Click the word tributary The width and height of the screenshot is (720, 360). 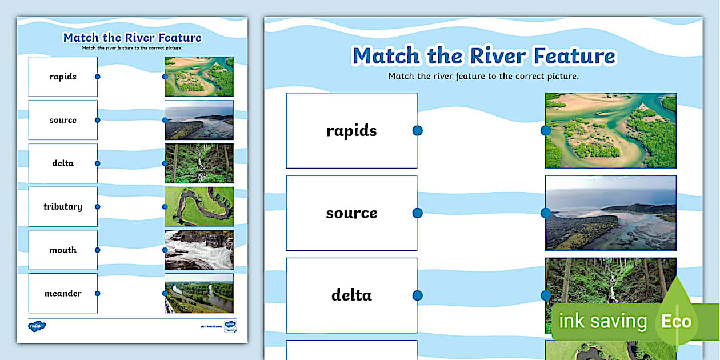tap(63, 207)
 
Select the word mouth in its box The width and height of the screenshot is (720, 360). tap(63, 250)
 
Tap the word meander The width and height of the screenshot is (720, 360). tap(63, 294)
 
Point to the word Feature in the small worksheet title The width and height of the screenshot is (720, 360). tap(177, 38)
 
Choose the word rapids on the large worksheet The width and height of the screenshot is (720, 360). tap(351, 131)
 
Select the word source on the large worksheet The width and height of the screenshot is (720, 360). tap(351, 213)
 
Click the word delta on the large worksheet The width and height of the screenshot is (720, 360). tap(351, 295)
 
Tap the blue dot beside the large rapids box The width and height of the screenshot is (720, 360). tap(417, 131)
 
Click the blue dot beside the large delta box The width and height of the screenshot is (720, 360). tap(417, 295)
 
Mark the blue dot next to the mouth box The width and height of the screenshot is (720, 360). tap(98, 250)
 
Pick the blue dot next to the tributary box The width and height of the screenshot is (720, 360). tap(98, 207)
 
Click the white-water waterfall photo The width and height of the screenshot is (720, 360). tap(199, 250)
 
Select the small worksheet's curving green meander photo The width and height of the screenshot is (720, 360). tap(199, 207)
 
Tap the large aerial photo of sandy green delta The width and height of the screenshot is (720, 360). tap(610, 131)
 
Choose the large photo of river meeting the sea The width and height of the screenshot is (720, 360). tap(610, 213)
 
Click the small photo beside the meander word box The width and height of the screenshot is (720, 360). tap(199, 294)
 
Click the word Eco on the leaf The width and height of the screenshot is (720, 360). tap(677, 321)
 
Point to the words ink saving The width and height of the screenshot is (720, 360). tap(602, 322)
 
